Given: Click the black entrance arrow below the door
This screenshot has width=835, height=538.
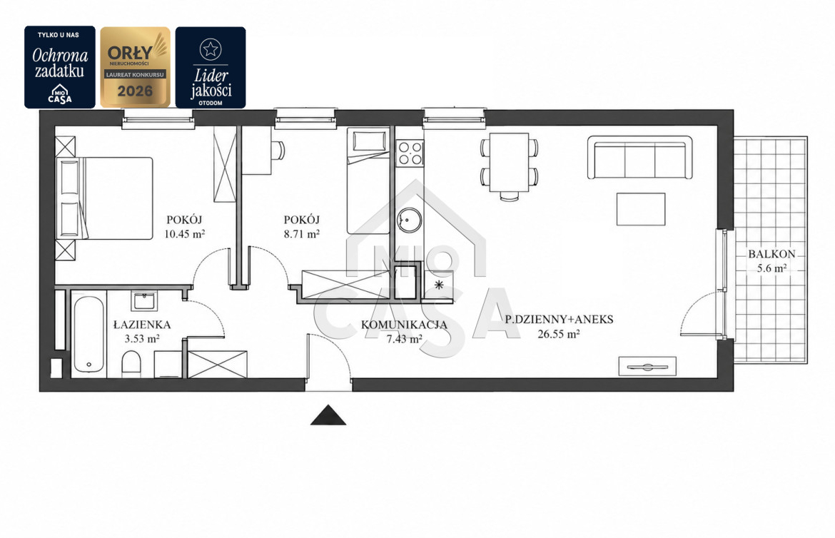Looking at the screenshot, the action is point(328,416).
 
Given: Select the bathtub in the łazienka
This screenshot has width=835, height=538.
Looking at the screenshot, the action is point(88,334).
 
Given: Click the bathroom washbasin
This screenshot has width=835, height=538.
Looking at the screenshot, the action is point(143,300).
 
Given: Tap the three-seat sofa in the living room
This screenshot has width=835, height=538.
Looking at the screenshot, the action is point(639,158).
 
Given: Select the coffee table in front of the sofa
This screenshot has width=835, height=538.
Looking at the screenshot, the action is point(641,209).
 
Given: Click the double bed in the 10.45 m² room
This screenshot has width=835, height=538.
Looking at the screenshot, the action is point(105,198).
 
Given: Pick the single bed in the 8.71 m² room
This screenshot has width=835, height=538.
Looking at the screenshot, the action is point(368,181).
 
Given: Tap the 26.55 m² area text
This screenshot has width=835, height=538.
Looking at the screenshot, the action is point(559,334).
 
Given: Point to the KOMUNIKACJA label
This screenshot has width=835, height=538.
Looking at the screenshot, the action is point(404,325).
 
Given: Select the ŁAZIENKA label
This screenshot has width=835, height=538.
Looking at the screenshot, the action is point(142,325).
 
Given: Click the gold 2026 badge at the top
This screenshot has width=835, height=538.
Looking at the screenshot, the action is point(136,67).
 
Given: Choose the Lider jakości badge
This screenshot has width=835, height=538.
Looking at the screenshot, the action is point(211,68).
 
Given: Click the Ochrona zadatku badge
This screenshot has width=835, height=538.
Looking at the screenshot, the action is point(60,67).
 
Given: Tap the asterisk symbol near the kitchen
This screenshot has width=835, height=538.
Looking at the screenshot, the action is point(439,285).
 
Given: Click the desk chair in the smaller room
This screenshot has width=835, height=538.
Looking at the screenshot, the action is point(278,151).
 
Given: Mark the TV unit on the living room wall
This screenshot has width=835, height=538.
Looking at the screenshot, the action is point(647,367).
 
